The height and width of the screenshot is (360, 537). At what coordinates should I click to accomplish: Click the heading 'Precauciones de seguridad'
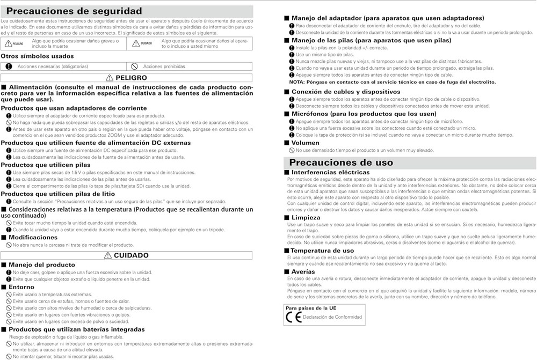click(x=74, y=11)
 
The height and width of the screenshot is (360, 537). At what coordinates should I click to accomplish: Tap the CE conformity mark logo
click(x=293, y=317)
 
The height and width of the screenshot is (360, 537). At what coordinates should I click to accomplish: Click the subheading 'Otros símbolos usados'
click(x=37, y=56)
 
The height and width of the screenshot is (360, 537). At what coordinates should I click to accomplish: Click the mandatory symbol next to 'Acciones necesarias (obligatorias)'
click(x=9, y=67)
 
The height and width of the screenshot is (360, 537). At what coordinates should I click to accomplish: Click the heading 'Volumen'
click(x=306, y=143)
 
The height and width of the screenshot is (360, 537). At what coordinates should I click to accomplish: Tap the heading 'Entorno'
click(x=21, y=287)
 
